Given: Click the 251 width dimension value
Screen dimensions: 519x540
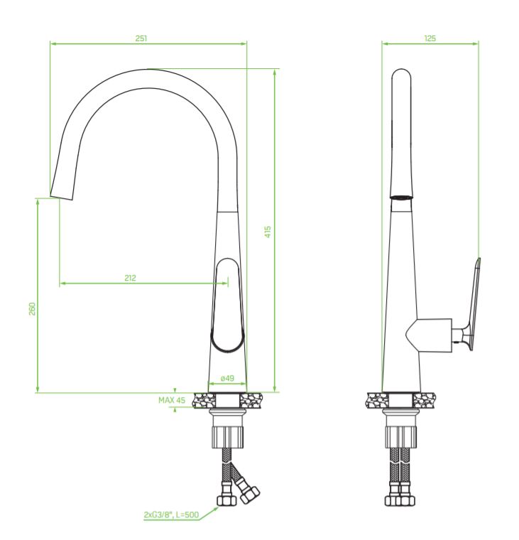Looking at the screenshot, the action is pos(141,38).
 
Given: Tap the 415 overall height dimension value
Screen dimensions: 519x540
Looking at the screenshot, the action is pos(268,232).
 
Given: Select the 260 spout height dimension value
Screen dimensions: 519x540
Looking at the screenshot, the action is pos(32,308).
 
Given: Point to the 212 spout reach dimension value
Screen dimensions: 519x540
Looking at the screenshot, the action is pos(130,278).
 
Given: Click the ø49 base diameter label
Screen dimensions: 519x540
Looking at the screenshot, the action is pos(227,378).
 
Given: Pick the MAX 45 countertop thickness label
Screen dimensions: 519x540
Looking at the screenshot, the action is pos(171,400).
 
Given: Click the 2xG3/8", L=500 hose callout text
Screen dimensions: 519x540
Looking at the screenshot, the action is pos(171,515).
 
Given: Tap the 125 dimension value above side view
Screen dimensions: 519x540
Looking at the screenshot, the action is pos(430,38).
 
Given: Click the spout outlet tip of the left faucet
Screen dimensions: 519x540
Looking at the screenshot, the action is pos(61,198).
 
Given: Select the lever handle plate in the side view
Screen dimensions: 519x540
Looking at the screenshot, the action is pos(474,305).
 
